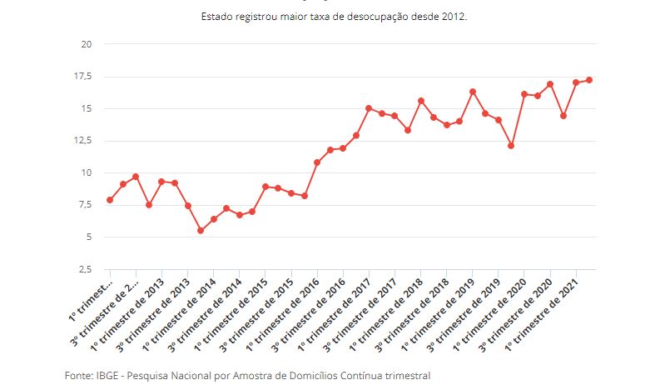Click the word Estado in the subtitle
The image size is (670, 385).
[217, 16]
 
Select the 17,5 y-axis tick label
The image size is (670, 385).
[82, 77]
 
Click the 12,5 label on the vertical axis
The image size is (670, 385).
[82, 141]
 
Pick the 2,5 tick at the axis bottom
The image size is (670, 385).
[85, 270]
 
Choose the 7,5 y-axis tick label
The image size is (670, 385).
[85, 205]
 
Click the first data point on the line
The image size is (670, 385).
[110, 200]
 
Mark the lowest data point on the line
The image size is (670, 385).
[201, 231]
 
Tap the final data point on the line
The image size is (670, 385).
[589, 80]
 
